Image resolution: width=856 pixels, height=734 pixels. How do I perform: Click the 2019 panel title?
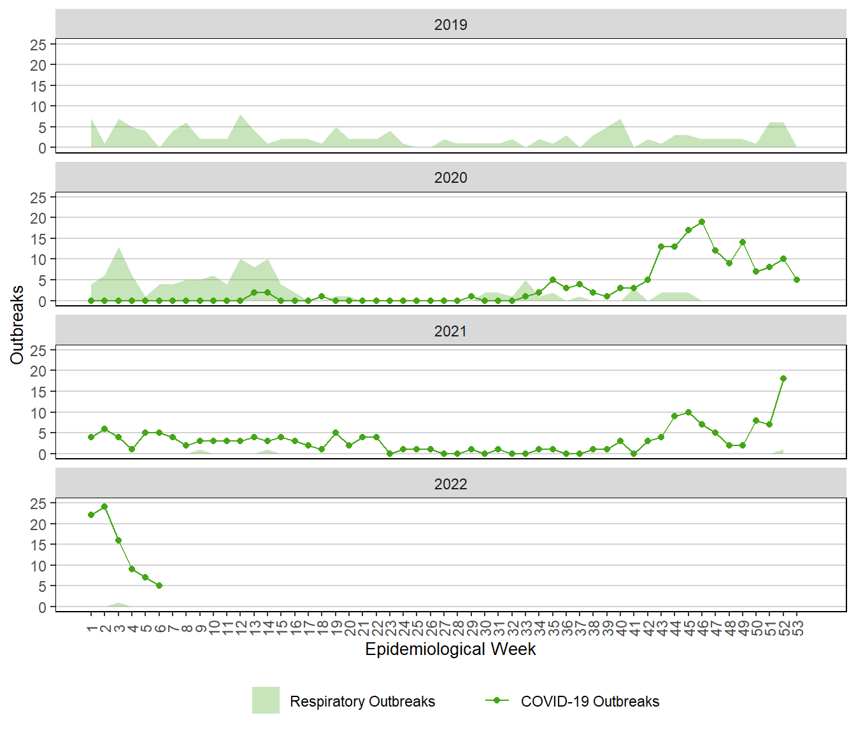click(x=450, y=25)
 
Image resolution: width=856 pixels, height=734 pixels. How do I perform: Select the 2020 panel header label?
click(x=450, y=178)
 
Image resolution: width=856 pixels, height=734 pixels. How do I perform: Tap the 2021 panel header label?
click(x=450, y=331)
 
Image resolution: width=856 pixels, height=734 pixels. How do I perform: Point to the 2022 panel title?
click(x=450, y=484)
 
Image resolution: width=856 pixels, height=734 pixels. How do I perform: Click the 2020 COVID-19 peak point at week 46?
click(x=702, y=222)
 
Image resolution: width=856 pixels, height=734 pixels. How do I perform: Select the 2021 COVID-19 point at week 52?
click(x=783, y=378)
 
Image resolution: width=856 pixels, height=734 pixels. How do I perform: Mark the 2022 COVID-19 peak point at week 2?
click(x=104, y=507)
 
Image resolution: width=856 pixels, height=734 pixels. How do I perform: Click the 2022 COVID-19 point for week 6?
click(x=159, y=586)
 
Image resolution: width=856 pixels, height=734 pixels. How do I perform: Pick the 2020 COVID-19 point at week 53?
click(x=797, y=280)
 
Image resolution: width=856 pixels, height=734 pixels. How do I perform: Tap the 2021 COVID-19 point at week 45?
click(x=688, y=412)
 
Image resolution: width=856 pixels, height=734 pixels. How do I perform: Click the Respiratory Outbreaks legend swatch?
click(x=266, y=700)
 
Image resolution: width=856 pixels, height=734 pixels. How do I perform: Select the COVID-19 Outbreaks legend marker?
click(x=497, y=700)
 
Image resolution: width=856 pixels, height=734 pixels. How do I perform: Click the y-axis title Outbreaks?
click(x=17, y=325)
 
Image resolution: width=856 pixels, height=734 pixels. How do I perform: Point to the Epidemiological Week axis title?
click(x=450, y=649)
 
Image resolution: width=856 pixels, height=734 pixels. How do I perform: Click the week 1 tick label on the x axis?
click(x=91, y=628)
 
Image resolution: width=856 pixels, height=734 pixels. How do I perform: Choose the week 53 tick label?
click(x=797, y=628)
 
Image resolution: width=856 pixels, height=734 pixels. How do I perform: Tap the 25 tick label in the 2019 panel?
click(x=38, y=45)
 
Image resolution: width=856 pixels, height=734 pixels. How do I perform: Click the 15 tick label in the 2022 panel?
click(x=38, y=545)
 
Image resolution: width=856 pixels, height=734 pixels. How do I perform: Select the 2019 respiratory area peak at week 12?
click(x=240, y=115)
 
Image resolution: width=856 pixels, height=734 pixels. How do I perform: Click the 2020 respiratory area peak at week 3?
click(x=118, y=248)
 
